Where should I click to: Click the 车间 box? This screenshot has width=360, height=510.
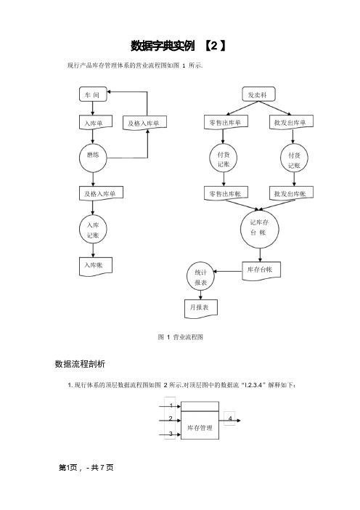93,94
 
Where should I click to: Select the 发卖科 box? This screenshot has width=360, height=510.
258,94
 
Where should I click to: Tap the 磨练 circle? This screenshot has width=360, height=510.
93,158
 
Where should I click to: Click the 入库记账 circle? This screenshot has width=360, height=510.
93,230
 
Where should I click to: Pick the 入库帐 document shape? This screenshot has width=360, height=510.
96,267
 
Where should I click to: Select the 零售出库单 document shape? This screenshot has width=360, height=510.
226,122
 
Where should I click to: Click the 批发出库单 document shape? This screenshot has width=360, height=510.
291,122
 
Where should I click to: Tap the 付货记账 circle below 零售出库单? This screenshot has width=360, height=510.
224,158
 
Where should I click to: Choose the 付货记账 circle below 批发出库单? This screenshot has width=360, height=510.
294,158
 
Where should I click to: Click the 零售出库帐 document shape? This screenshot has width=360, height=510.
226,193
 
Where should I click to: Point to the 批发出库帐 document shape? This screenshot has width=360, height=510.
291,193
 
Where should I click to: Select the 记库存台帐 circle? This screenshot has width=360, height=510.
260,229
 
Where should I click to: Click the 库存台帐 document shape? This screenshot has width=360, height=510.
261,270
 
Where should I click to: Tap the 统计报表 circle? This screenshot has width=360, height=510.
201,277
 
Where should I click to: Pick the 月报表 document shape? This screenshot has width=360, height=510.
201,309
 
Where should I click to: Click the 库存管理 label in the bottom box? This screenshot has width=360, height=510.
200,428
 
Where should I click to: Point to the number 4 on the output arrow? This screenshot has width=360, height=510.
230,418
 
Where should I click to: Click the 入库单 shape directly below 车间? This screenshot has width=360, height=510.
96,122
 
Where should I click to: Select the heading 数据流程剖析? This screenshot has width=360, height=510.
80,364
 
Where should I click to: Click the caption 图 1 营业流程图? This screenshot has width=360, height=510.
180,337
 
